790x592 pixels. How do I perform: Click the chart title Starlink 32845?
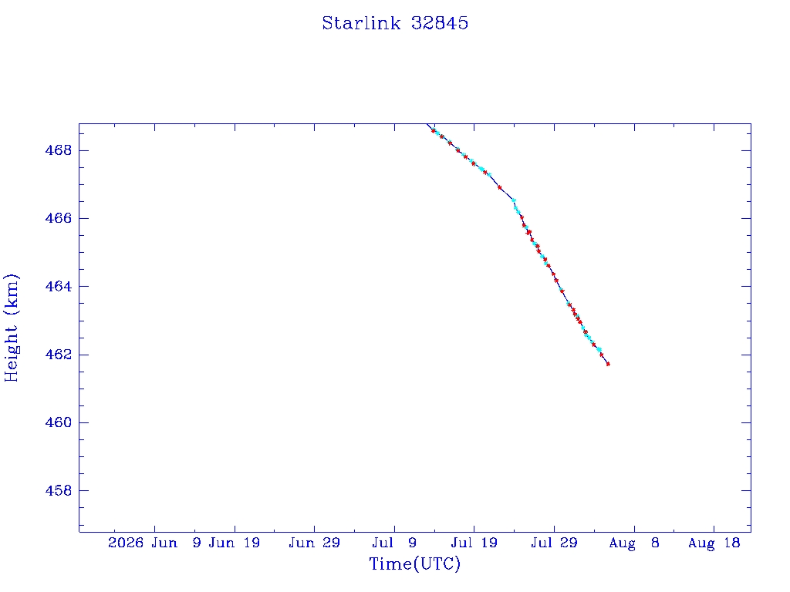395,23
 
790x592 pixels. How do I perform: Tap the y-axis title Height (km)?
11,328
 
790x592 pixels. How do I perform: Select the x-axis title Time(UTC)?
414,563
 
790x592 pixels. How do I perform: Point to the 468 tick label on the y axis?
59,150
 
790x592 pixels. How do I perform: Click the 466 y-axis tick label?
59,218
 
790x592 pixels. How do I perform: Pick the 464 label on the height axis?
59,287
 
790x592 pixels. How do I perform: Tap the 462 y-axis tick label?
59,355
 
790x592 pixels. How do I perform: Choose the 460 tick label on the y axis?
59,422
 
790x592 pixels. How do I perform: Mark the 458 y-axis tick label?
59,490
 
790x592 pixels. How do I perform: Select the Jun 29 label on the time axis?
315,543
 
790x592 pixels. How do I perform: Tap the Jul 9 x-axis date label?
394,543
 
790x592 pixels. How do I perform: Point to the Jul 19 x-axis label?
474,543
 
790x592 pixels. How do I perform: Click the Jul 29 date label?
554,543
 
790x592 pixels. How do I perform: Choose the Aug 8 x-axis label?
634,543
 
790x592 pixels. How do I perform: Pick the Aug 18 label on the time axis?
714,543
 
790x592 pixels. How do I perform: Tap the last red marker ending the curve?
608,364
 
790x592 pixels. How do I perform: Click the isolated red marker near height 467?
499,188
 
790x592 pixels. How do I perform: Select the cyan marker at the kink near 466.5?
514,200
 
